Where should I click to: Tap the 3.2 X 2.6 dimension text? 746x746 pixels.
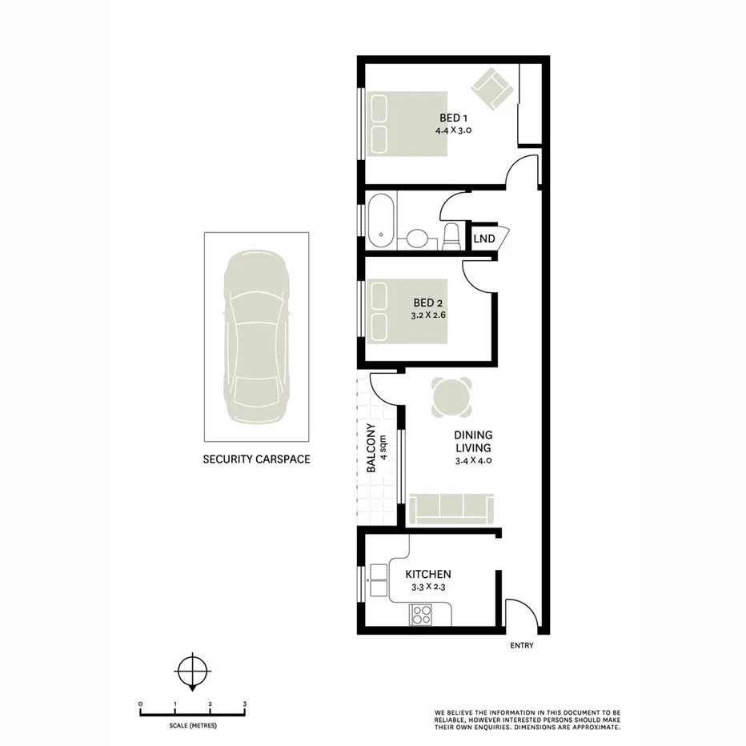click(x=428, y=316)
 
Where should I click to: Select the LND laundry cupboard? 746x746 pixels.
click(x=483, y=239)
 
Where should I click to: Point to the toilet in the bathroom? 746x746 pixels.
click(x=451, y=235)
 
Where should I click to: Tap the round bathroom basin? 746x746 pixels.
click(x=416, y=239)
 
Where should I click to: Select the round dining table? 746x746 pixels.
click(x=451, y=396)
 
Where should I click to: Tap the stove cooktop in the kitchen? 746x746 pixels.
click(x=420, y=615)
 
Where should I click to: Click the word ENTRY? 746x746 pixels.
click(x=521, y=646)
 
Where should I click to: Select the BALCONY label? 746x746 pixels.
click(x=371, y=448)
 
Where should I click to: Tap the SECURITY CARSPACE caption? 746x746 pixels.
click(x=255, y=459)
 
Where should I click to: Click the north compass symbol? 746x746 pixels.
click(x=192, y=671)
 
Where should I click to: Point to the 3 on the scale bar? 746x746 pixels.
click(x=244, y=704)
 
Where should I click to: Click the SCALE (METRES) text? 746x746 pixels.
click(x=192, y=725)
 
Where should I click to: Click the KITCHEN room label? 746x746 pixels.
click(x=428, y=574)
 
